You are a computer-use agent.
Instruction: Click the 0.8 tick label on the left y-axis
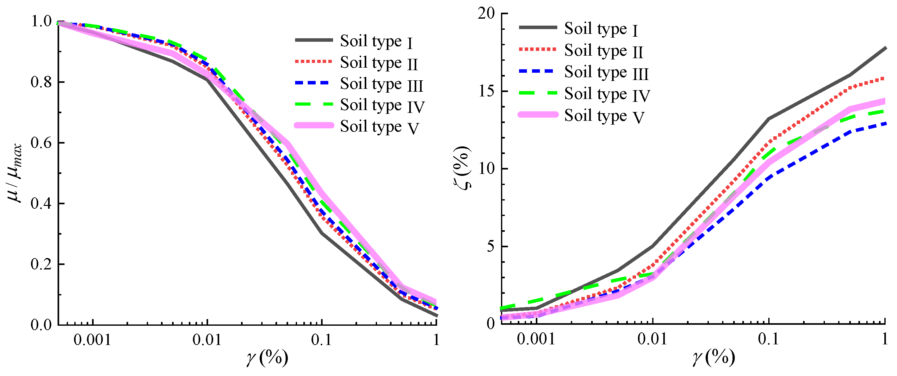coord(41,82)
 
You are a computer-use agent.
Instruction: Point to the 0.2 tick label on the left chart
coord(41,264)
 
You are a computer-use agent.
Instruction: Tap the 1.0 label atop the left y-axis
coord(41,22)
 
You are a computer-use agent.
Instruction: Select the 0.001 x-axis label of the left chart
coord(92,340)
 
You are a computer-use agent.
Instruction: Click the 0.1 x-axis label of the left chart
coord(321,340)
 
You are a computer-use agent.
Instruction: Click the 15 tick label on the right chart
coord(486,91)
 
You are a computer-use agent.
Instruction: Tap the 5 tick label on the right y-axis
coord(491,246)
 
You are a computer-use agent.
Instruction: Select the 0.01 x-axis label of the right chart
coord(652,339)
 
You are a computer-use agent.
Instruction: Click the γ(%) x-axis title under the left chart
coord(267,358)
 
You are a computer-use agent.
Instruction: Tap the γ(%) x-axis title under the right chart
coord(714,358)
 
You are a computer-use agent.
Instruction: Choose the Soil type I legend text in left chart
coord(376,42)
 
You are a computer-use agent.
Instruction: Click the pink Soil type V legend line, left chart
coord(314,125)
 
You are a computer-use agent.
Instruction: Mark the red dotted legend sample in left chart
coord(313,62)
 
